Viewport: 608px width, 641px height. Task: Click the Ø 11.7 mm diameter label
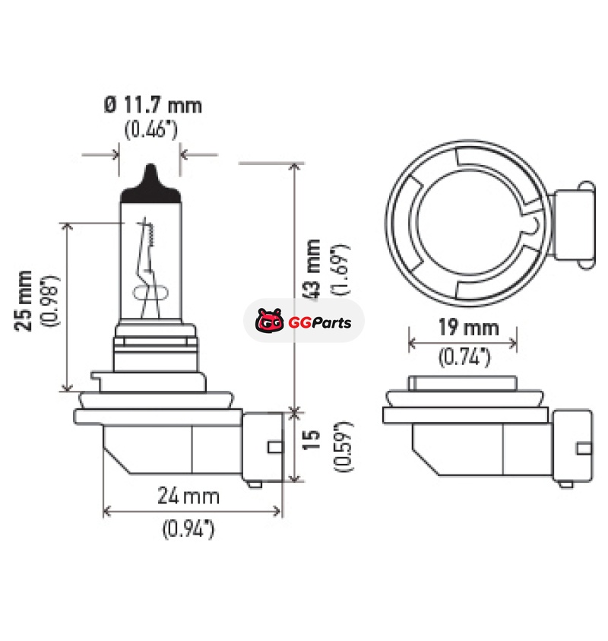153,106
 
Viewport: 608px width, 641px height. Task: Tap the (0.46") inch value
151,129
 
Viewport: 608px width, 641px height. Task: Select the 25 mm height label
24,300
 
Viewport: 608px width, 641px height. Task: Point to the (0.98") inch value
50,300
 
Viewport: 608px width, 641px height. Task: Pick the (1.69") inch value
340,269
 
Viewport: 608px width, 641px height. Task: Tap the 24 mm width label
188,496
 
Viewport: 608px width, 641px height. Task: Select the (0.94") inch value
188,529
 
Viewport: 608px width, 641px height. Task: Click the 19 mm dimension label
469,328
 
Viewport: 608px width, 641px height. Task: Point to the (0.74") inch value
464,357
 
